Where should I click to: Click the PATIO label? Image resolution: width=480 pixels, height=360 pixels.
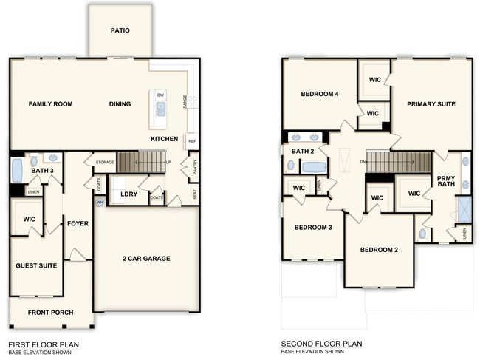click(120, 31)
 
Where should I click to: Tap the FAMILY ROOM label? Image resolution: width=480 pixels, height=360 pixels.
click(50, 104)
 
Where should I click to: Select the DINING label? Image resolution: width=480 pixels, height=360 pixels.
click(120, 104)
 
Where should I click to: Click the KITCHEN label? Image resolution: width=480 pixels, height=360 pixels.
click(163, 139)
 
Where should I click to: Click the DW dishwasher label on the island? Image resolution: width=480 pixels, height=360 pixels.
click(160, 95)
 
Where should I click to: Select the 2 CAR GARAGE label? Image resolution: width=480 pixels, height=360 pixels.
click(146, 259)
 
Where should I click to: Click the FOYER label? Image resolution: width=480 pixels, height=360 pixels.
click(78, 223)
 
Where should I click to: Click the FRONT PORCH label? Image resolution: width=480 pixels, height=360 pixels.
click(50, 313)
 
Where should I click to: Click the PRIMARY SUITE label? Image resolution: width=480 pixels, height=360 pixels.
click(431, 104)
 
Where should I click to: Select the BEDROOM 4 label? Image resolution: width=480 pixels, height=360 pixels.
click(320, 94)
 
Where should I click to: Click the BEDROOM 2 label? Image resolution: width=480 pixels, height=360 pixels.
click(379, 250)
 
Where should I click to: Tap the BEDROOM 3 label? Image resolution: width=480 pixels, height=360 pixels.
click(312, 227)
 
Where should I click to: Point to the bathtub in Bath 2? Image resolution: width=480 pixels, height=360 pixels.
click(313, 166)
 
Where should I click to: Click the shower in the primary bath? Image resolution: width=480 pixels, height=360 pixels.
click(464, 208)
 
